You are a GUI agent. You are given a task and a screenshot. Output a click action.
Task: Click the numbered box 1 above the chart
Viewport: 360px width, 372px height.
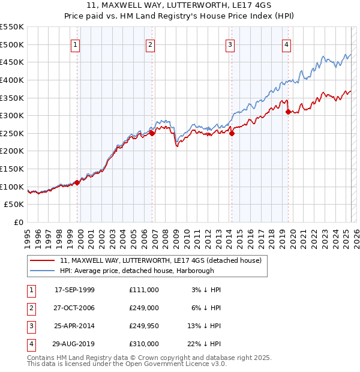click(75, 44)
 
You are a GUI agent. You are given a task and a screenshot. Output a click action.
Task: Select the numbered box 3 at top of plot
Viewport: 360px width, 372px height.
click(230, 44)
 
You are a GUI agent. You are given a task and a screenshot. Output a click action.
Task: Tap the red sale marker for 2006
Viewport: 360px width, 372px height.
click(152, 134)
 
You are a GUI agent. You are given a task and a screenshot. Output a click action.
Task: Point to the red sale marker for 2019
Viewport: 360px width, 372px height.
click(289, 112)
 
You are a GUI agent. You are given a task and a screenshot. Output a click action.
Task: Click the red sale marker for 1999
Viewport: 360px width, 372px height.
click(77, 182)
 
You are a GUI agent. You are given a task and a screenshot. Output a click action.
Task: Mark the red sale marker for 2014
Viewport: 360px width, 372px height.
click(232, 133)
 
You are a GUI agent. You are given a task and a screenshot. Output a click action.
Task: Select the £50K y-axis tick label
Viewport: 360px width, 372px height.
click(14, 205)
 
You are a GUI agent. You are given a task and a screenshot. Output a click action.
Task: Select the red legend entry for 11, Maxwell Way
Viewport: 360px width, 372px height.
click(160, 261)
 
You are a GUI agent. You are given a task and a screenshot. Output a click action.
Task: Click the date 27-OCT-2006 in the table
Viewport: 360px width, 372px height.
click(74, 307)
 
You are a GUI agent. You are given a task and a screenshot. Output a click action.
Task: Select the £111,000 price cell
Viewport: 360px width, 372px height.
click(143, 289)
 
